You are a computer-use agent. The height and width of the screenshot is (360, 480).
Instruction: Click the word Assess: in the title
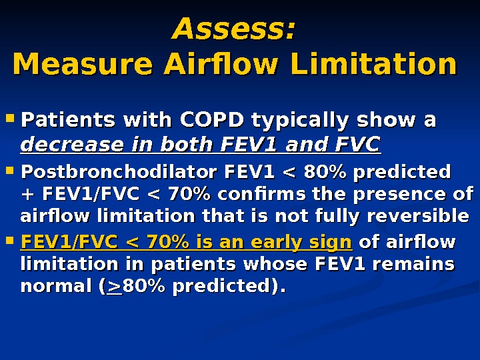point(233,30)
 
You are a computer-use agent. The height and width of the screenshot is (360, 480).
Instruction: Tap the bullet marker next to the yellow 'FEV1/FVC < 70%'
point(9,241)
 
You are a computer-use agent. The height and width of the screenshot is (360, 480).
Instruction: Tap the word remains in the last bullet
point(418,263)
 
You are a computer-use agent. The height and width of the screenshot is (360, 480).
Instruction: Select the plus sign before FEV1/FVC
point(27,195)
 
